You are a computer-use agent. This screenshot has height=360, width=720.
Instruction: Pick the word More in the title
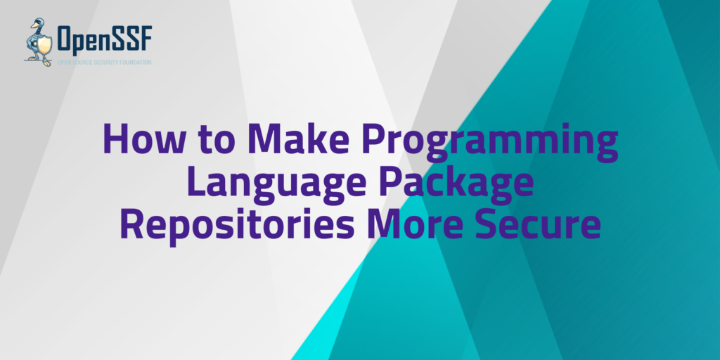coord(415,225)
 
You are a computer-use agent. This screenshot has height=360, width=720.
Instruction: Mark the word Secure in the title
coord(534,225)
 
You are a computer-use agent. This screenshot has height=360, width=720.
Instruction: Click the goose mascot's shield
coord(44,46)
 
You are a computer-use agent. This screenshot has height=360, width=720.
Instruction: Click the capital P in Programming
coord(375,139)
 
